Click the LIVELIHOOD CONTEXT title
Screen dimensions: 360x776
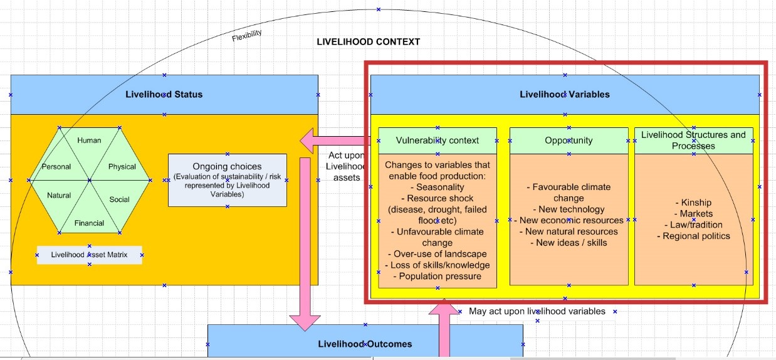(368, 42)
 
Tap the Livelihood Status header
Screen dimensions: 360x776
(164, 95)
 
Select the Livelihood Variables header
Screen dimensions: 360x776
(564, 95)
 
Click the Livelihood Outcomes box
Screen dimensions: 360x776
(365, 344)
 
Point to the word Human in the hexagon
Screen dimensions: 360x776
(89, 140)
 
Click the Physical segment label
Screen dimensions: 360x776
(122, 167)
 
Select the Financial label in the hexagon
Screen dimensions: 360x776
(89, 223)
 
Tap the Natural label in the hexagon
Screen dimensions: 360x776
(59, 195)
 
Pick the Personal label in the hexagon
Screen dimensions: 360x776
(56, 167)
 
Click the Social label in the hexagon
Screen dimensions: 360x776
(119, 199)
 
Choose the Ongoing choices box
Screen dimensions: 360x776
(227, 180)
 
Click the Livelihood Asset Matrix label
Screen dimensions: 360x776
(89, 255)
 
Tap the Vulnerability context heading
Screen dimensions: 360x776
(438, 140)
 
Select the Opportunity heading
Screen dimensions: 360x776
(569, 140)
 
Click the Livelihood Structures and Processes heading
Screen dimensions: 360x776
(693, 140)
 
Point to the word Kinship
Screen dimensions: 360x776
(693, 203)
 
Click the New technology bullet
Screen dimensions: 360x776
(569, 209)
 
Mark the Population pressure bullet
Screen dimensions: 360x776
(438, 276)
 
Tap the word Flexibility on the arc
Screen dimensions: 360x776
(247, 36)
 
